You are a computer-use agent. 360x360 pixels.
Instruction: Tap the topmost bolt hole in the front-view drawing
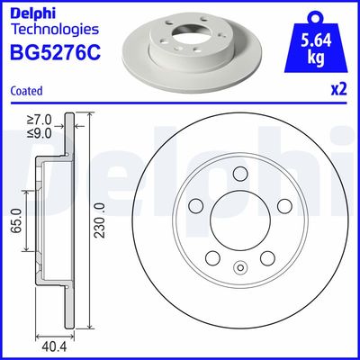(239, 175)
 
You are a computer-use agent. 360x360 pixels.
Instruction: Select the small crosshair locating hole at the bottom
(239, 266)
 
